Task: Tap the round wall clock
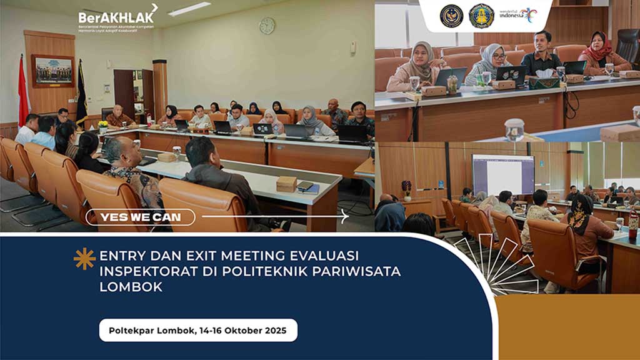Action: (x=267, y=26)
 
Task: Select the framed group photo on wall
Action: (x=52, y=71)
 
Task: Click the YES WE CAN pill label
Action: (x=141, y=217)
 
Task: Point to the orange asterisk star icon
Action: (x=84, y=258)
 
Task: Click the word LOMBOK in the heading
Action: (x=131, y=287)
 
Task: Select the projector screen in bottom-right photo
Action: (x=502, y=174)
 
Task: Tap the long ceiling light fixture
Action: (x=189, y=9)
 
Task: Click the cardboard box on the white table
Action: (x=286, y=184)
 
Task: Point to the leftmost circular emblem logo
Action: (x=451, y=16)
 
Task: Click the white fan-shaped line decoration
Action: (x=500, y=269)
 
